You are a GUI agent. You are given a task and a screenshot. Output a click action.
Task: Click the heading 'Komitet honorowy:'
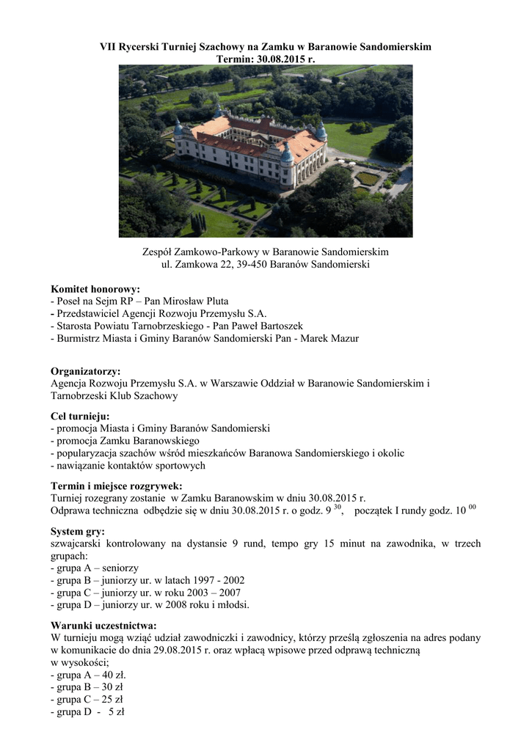click(x=95, y=289)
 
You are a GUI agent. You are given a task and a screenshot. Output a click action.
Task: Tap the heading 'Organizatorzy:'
click(x=85, y=371)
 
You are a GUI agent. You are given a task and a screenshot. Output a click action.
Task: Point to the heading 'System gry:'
click(x=77, y=531)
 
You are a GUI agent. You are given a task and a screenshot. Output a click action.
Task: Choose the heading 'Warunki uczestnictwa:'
click(x=103, y=626)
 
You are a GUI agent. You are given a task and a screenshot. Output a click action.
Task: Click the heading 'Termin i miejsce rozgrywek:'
click(x=116, y=486)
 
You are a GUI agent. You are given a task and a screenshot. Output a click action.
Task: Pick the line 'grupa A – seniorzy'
click(x=95, y=568)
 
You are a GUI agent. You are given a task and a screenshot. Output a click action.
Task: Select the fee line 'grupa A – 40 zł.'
click(x=88, y=675)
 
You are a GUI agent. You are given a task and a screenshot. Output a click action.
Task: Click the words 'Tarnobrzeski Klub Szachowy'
click(x=114, y=396)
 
